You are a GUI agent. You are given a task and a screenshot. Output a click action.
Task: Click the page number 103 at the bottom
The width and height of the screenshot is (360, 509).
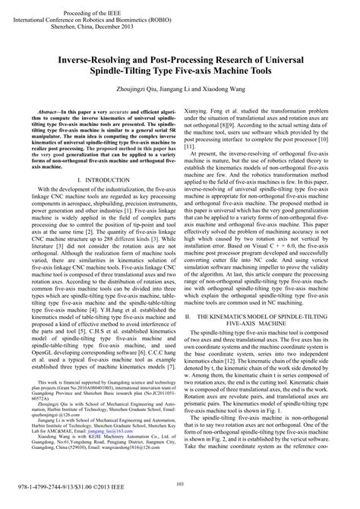click(x=180, y=484)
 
